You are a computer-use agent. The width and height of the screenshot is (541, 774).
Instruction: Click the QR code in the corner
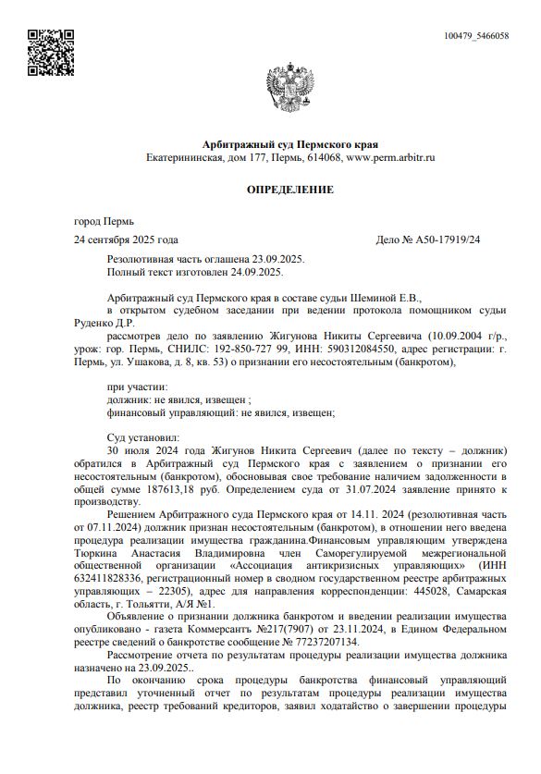47,53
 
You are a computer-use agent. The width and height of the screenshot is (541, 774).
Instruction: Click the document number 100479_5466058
476,36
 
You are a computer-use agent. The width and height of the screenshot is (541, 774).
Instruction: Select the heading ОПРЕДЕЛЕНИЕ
289,189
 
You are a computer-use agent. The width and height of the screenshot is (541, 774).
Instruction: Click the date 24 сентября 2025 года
126,240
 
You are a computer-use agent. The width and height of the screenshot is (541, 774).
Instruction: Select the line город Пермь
104,222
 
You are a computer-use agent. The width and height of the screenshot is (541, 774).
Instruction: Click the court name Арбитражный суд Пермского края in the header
289,144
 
